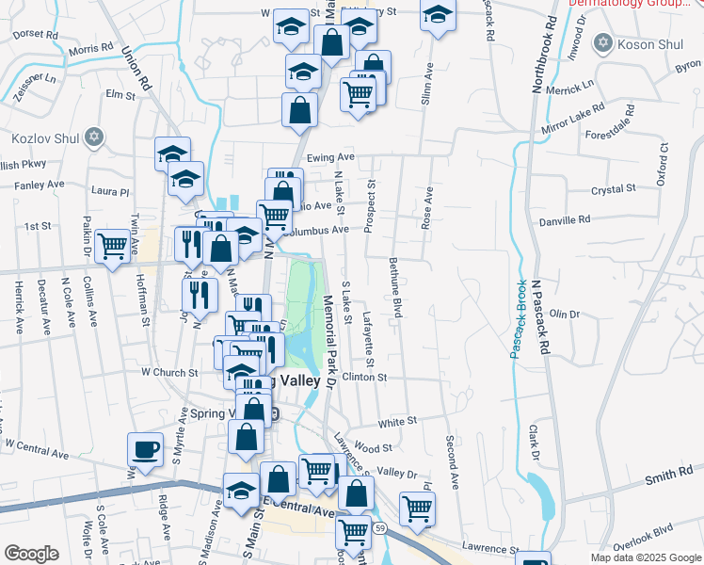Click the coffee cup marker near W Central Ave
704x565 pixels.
point(145,449)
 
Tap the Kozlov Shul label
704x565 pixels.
point(44,138)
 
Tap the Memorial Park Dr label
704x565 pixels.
point(329,340)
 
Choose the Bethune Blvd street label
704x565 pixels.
point(395,286)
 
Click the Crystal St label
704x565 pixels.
point(614,189)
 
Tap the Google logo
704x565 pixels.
point(31,554)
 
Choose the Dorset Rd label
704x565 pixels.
point(36,34)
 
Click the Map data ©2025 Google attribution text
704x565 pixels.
point(645,557)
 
